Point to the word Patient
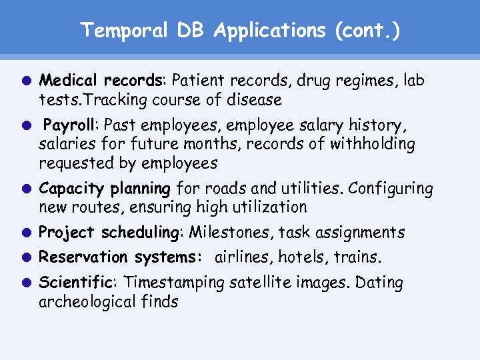[199, 81]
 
